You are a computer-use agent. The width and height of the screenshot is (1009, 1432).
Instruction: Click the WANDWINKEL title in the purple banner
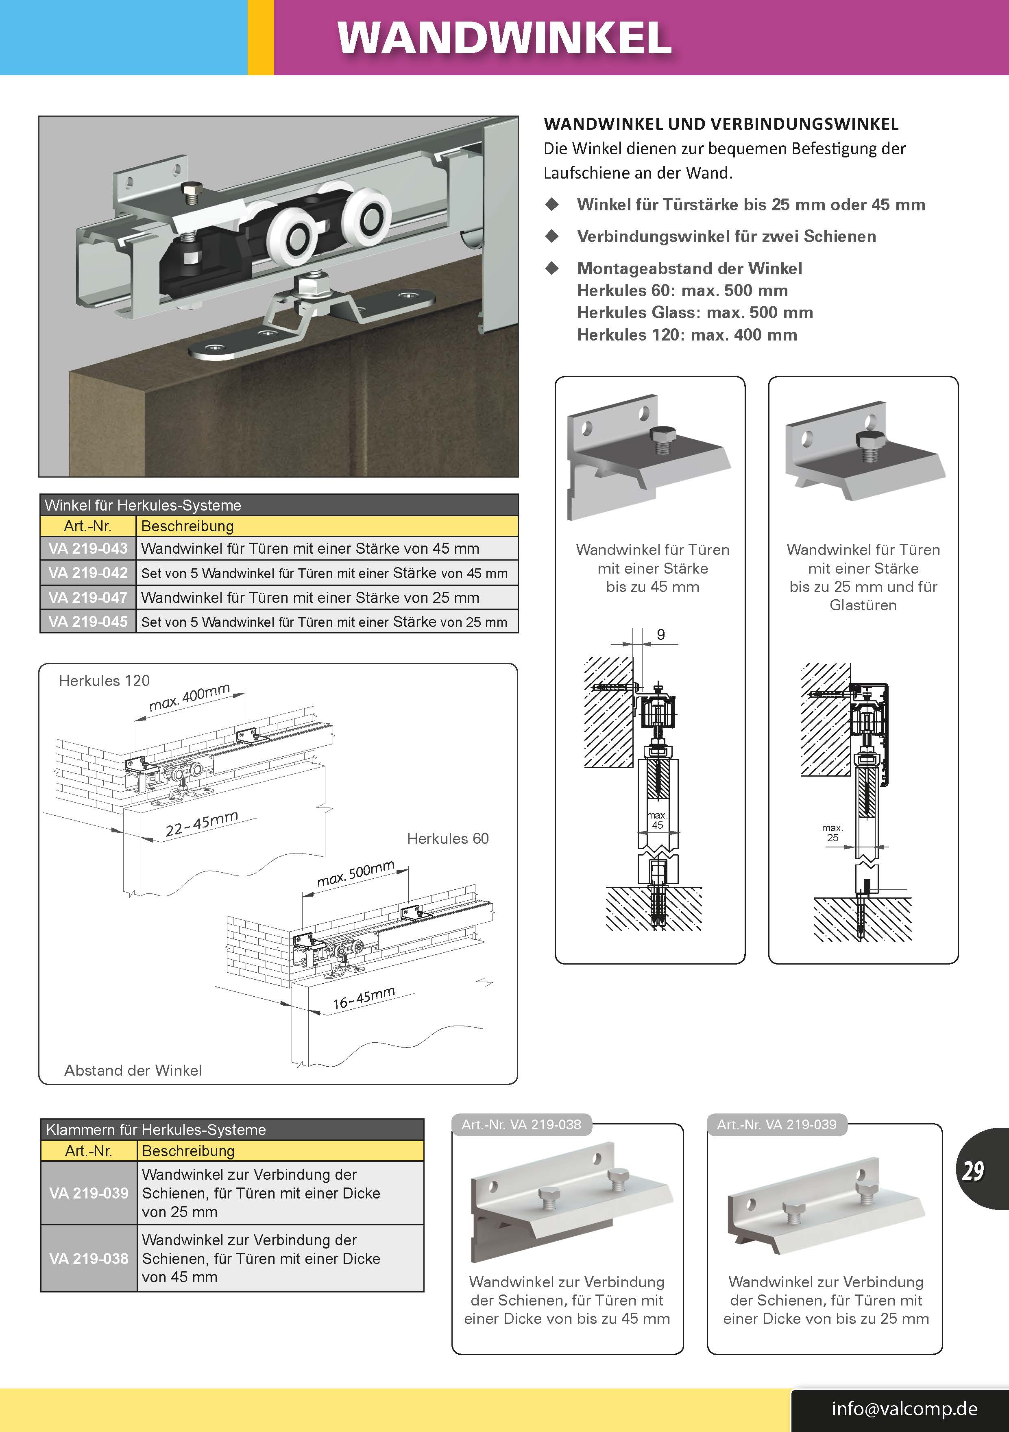(504, 39)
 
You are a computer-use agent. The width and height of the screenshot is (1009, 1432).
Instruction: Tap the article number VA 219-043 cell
(88, 548)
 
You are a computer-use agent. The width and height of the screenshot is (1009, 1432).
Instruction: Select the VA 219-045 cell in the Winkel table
(88, 622)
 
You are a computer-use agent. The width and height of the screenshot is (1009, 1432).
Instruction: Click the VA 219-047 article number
(88, 598)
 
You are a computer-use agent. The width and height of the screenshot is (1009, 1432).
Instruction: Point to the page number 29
(973, 1171)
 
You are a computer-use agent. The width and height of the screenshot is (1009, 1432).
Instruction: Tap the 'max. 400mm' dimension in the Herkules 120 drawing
(190, 697)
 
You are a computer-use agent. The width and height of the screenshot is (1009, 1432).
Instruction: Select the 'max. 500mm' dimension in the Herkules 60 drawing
(355, 874)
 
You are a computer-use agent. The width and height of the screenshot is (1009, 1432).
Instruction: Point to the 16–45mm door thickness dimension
(364, 998)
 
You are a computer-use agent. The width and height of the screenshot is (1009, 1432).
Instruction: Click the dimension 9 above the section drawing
(660, 634)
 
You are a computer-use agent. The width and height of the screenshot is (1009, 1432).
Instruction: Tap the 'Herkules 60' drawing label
(448, 838)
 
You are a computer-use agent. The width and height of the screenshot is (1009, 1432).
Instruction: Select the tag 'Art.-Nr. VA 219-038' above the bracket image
(521, 1124)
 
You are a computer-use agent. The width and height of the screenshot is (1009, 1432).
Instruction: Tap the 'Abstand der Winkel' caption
(133, 1070)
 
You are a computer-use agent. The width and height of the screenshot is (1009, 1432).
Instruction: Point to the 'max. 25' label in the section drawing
(832, 833)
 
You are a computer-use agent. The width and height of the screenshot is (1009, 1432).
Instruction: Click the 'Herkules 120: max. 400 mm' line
(686, 335)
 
